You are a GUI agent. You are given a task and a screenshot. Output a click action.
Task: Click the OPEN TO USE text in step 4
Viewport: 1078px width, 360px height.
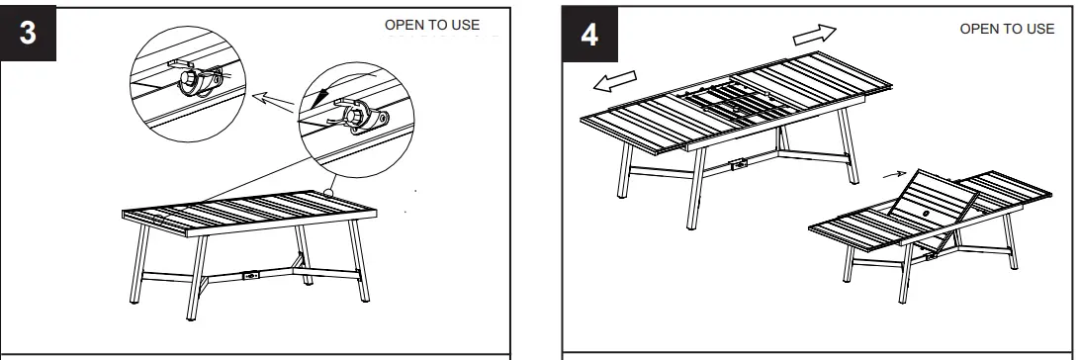coord(1008,28)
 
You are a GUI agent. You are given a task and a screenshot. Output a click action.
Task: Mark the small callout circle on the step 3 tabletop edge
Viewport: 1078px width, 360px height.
coord(327,192)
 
